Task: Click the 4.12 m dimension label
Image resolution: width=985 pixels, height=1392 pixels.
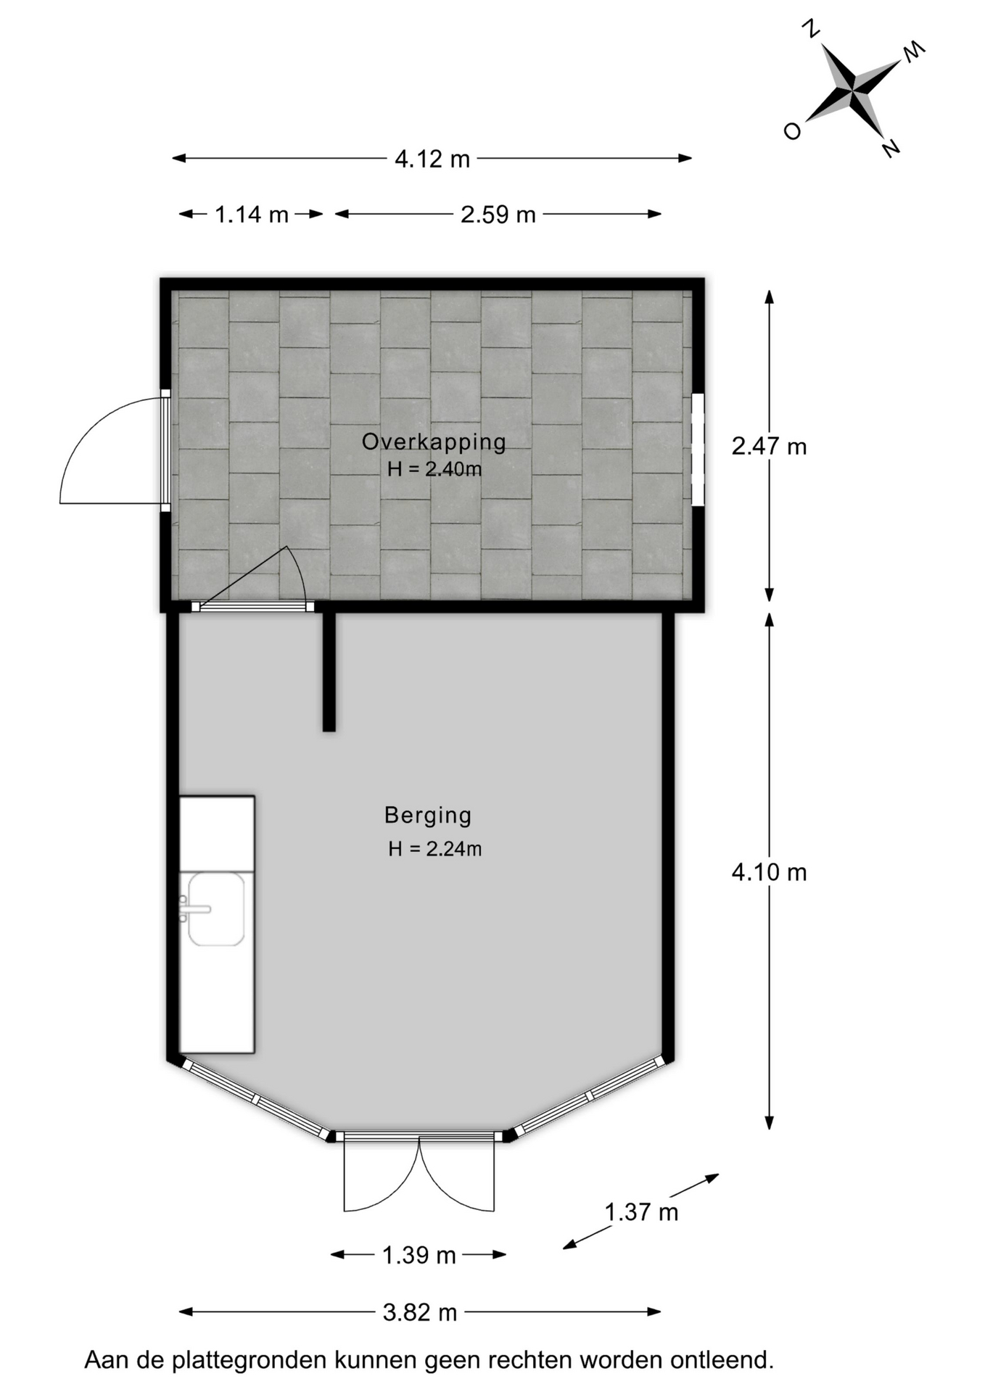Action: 432,159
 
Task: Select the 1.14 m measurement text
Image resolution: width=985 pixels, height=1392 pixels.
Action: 252,215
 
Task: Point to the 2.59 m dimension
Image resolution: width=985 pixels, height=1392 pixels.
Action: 498,215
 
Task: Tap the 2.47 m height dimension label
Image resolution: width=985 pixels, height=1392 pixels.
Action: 769,447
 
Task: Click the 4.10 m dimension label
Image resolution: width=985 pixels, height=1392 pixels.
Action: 769,872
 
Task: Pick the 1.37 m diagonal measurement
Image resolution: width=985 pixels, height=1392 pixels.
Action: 641,1211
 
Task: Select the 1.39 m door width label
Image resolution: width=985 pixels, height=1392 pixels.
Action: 419,1255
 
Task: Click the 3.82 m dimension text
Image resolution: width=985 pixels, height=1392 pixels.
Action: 420,1312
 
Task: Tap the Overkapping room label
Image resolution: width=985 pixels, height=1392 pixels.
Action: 434,442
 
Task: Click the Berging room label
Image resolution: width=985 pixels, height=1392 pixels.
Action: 428,816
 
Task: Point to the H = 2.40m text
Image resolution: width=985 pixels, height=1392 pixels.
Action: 434,469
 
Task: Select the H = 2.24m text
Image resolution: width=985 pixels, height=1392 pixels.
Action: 434,848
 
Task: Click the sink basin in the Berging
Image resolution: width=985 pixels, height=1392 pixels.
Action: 216,909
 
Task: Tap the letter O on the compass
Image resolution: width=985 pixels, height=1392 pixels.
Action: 792,131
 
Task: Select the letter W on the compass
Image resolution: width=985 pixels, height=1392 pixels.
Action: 914,51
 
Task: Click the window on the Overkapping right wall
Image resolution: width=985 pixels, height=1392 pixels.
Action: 698,449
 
